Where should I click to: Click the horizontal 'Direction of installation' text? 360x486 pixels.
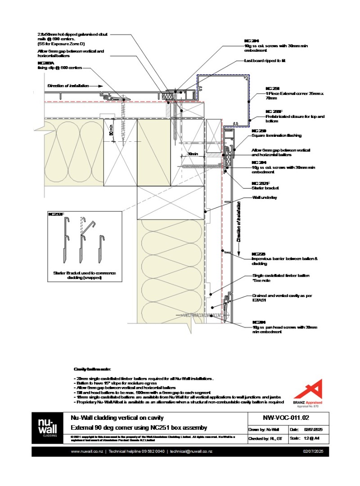click(68, 85)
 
